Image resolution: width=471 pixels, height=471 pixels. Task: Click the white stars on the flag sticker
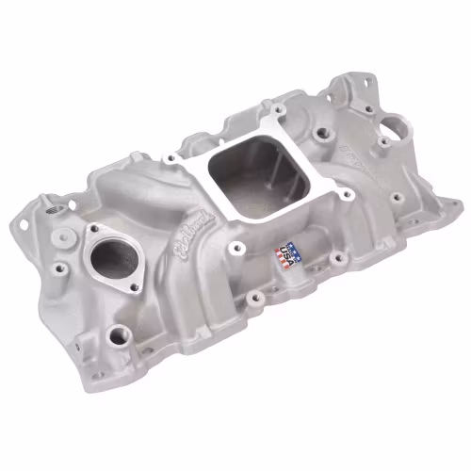(284, 248)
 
